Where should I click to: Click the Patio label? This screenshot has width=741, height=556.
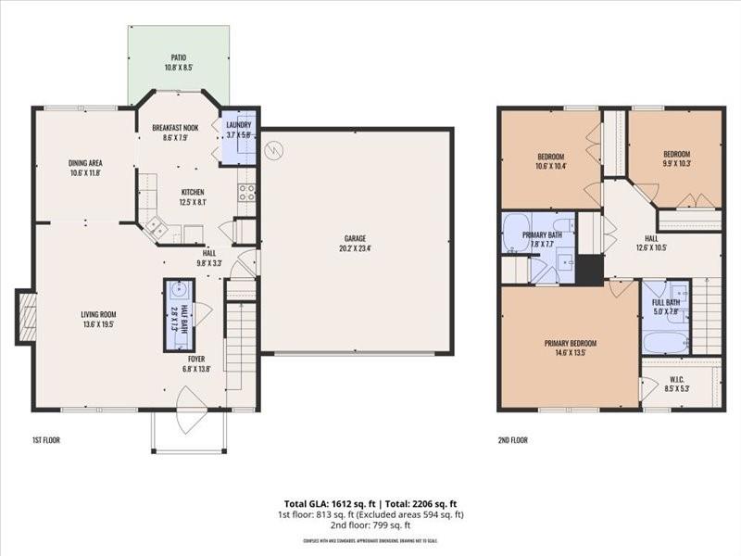(178, 61)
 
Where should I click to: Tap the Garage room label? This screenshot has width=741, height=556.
(355, 243)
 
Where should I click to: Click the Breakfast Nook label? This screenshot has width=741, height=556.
(175, 132)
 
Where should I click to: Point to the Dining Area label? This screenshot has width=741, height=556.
(85, 167)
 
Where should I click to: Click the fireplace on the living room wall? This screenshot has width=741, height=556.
(27, 317)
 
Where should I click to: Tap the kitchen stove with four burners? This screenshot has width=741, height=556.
(246, 193)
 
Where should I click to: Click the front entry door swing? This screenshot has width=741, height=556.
(191, 412)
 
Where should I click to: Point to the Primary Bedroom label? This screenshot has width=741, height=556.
(564, 347)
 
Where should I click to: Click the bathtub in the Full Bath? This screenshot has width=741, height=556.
(665, 342)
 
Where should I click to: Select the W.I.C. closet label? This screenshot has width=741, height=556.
(677, 383)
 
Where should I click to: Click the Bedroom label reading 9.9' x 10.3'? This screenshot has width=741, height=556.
(675, 158)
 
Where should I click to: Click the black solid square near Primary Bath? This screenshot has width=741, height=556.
(588, 270)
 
